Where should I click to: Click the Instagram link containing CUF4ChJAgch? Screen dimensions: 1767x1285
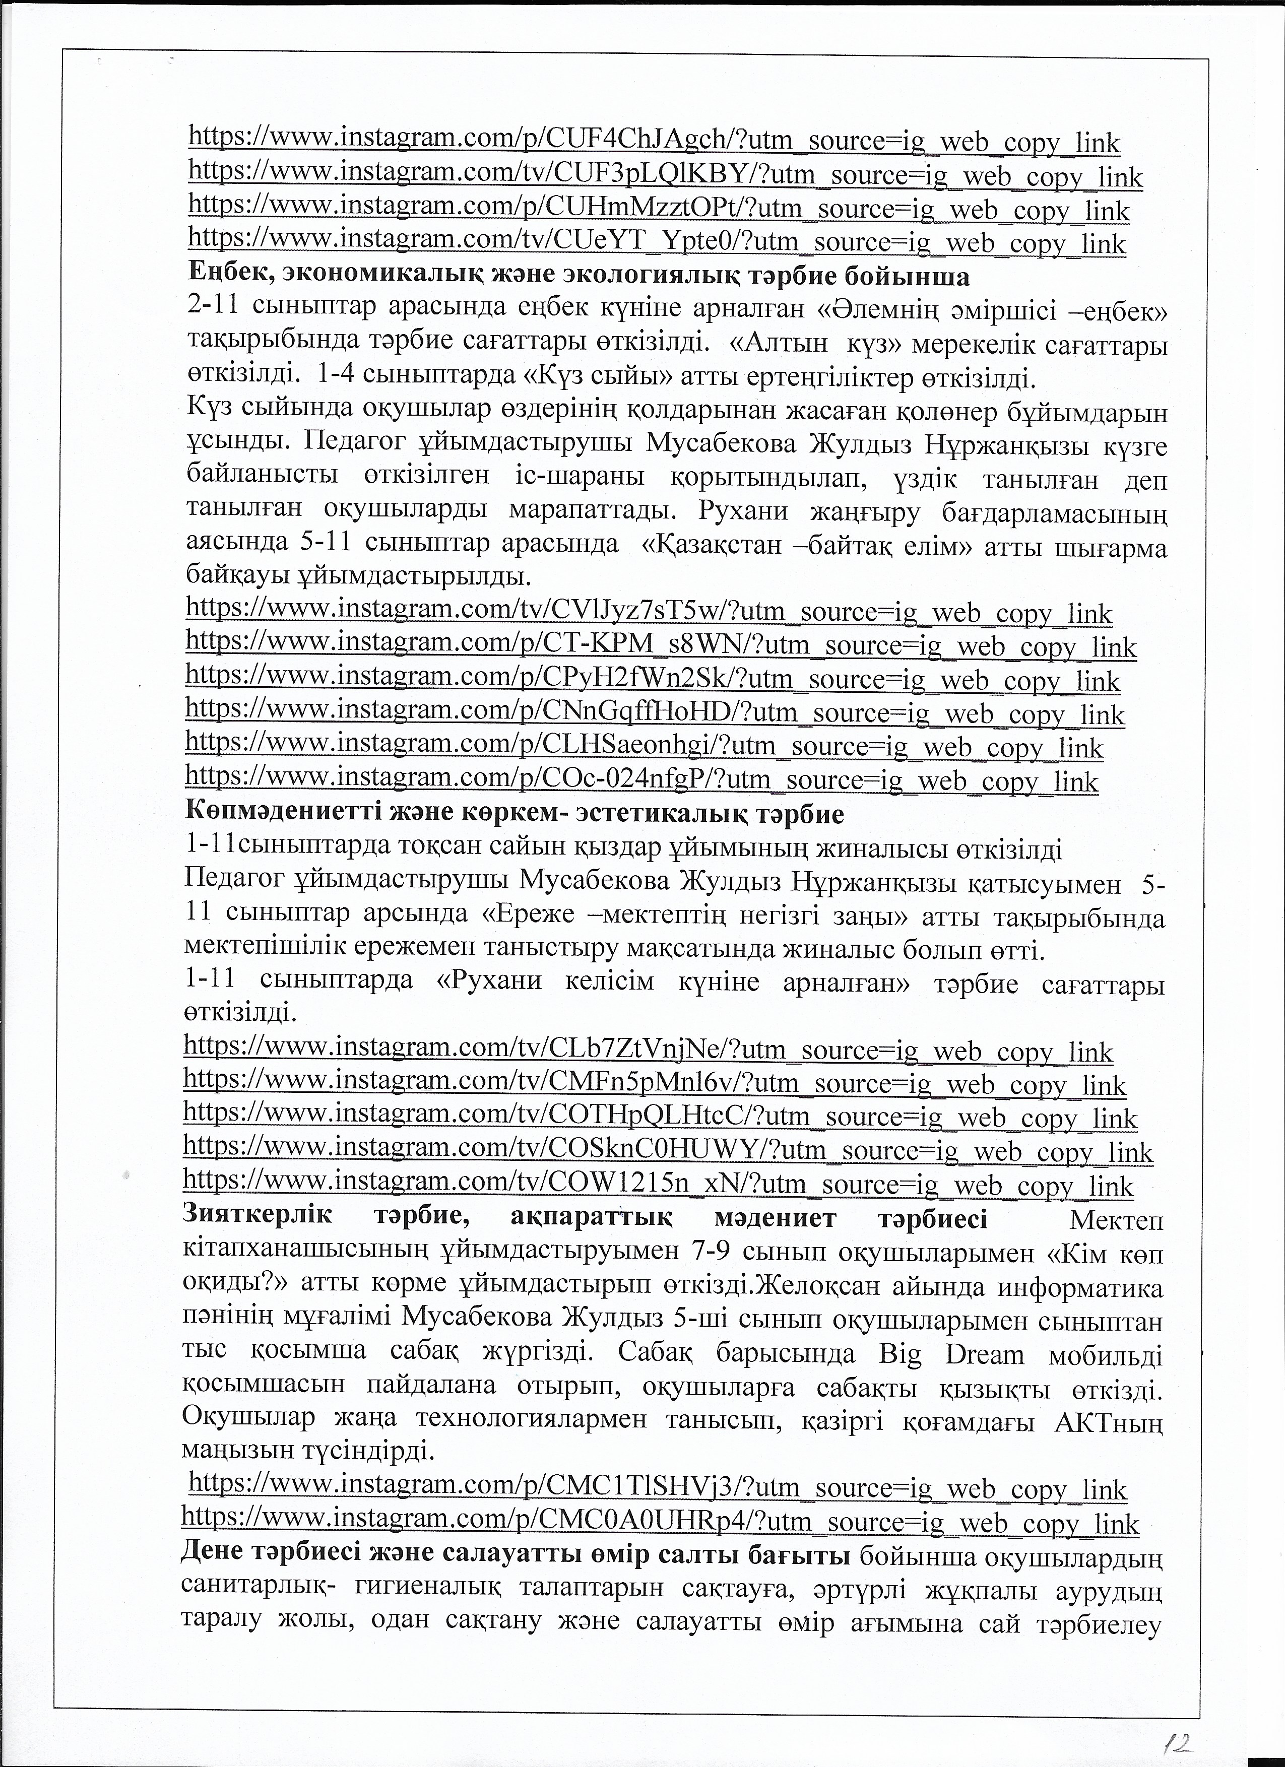pyautogui.click(x=655, y=142)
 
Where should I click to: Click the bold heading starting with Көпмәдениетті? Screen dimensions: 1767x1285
pyautogui.click(x=515, y=814)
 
